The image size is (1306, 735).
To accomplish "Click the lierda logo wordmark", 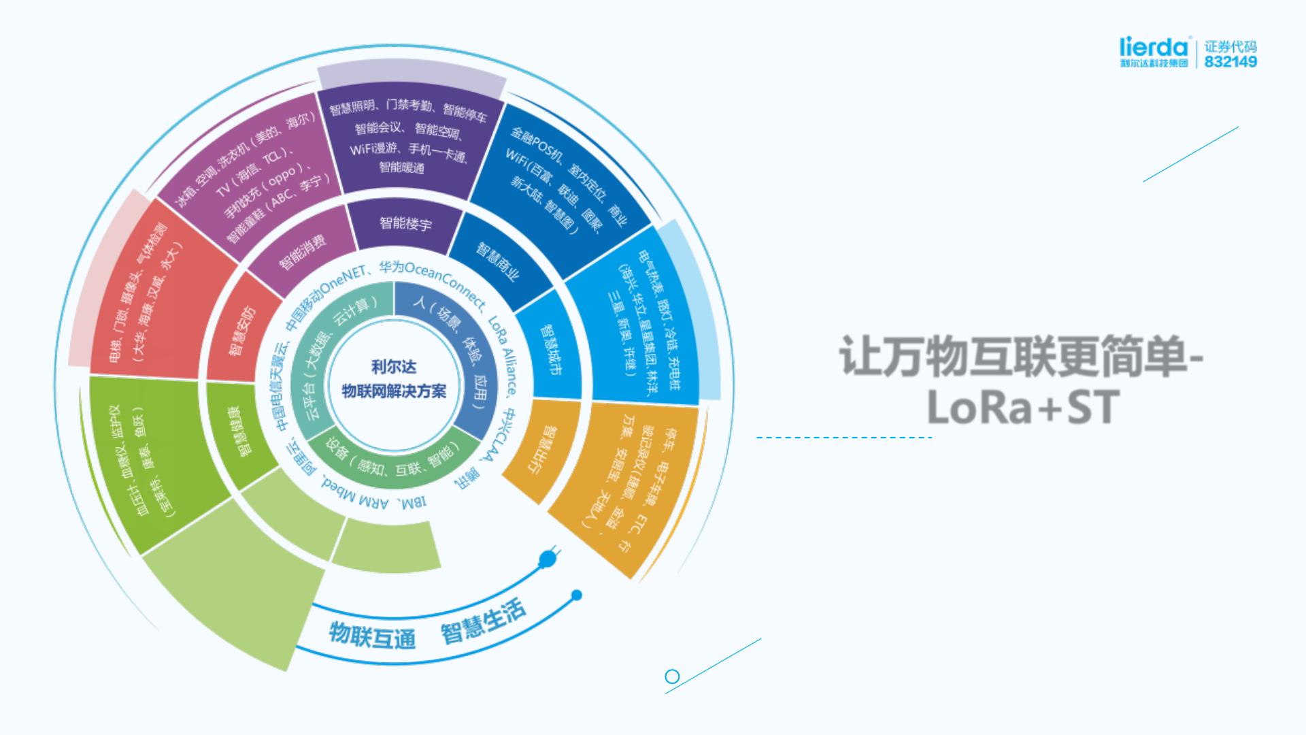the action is click(x=1154, y=47).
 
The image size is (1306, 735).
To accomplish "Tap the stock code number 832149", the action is click(x=1230, y=62).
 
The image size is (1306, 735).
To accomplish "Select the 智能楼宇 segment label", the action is click(x=405, y=223).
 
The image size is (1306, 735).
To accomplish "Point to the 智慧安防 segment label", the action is click(x=241, y=331).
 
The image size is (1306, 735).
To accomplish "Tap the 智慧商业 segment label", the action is click(x=497, y=261).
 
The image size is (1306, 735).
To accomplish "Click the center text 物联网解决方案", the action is click(x=394, y=391).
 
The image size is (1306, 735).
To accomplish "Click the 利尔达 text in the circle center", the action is click(x=394, y=367).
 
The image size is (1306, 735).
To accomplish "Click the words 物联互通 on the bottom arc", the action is click(x=372, y=634).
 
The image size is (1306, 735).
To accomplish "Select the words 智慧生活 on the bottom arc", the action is click(x=483, y=622).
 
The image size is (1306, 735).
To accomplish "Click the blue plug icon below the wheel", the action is click(x=548, y=558).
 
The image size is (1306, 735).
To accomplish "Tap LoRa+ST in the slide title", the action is click(x=1021, y=407).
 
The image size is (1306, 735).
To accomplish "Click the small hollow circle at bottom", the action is click(x=672, y=676).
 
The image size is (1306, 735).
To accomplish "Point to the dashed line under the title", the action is click(x=843, y=438).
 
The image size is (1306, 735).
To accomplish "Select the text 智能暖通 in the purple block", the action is click(x=401, y=167).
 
